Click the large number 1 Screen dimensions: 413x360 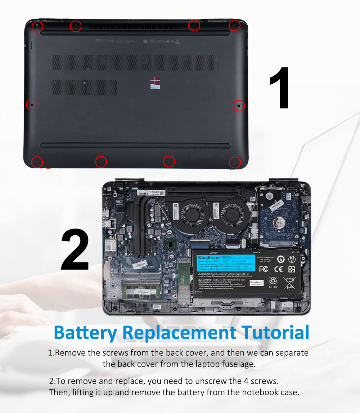coord(280,88)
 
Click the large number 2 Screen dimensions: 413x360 coord(75,250)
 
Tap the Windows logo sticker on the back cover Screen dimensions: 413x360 coord(155,83)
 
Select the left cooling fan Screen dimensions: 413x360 coord(192,215)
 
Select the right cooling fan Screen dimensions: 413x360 coord(232,215)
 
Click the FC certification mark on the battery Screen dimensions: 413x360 coord(264,269)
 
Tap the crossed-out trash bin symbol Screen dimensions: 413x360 coord(289,283)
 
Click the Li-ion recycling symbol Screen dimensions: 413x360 coord(273,281)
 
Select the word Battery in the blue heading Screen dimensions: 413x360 coord(85,332)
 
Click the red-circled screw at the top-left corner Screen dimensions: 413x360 coord(37,27)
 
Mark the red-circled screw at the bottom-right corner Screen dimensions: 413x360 coord(235,163)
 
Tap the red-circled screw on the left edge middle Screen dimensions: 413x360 coord(32,105)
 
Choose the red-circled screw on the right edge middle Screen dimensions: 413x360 coord(239,106)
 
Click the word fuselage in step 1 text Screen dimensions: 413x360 coord(237,364)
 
